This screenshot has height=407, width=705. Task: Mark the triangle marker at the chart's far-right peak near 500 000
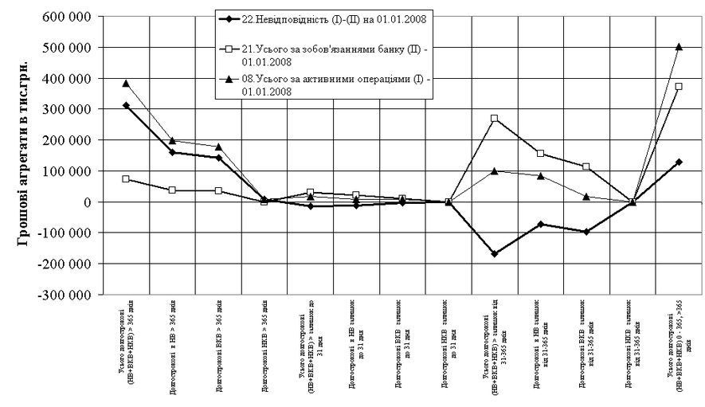point(679,47)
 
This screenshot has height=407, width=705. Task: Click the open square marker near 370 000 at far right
point(679,86)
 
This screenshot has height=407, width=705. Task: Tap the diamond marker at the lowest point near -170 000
point(495,254)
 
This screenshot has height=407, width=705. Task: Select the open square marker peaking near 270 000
point(495,119)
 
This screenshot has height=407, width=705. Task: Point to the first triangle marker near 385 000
point(126,83)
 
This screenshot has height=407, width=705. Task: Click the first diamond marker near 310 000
point(126,105)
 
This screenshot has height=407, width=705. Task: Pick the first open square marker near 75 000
point(126,179)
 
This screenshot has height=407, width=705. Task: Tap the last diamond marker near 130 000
point(679,162)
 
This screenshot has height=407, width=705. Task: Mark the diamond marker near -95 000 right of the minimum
point(586,232)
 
